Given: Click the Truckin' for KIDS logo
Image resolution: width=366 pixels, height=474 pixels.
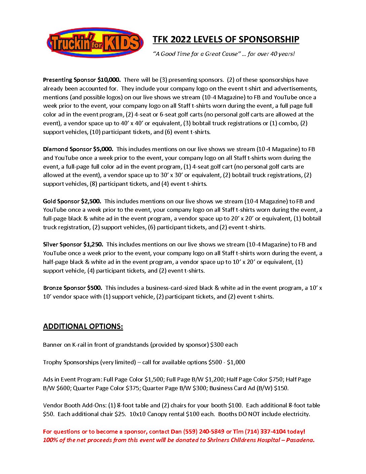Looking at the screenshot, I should [95, 43].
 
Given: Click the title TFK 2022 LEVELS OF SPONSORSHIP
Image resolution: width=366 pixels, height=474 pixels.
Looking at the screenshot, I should [226, 39].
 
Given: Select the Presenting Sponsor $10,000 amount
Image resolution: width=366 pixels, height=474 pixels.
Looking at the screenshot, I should [109, 80].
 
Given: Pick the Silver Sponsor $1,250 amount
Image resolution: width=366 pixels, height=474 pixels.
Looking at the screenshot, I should [93, 244].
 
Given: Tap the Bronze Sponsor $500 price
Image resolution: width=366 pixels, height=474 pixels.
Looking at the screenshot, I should [95, 288].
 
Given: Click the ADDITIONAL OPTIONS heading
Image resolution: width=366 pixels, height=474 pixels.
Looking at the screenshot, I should [83, 327].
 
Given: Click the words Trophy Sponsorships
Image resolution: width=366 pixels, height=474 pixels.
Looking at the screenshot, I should [71, 362].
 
